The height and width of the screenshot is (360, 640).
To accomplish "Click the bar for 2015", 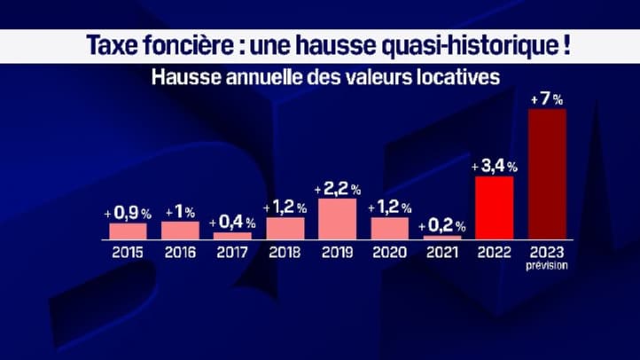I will (x=128, y=231).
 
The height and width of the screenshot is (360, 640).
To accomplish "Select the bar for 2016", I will (x=180, y=230).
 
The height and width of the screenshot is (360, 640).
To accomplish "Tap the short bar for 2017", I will (x=232, y=235).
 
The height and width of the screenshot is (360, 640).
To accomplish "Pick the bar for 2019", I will (x=337, y=218).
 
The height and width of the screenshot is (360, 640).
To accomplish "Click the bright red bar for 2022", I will (x=494, y=207).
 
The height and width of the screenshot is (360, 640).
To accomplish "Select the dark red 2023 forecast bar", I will (x=546, y=174).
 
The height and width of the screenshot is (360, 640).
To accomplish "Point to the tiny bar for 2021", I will (x=441, y=237).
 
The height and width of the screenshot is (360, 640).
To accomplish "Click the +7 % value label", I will (x=546, y=99).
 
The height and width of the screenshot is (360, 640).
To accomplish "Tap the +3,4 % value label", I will (x=494, y=166).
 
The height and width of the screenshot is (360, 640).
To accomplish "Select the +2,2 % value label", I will (x=337, y=189).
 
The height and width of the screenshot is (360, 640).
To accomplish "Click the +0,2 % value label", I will (x=441, y=225).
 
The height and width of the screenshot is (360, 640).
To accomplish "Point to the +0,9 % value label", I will (x=128, y=214).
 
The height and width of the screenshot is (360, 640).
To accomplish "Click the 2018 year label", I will (x=285, y=252).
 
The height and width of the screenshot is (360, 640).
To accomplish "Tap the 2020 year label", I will (x=389, y=252).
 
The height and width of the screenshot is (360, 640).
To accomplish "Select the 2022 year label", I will (x=494, y=252).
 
